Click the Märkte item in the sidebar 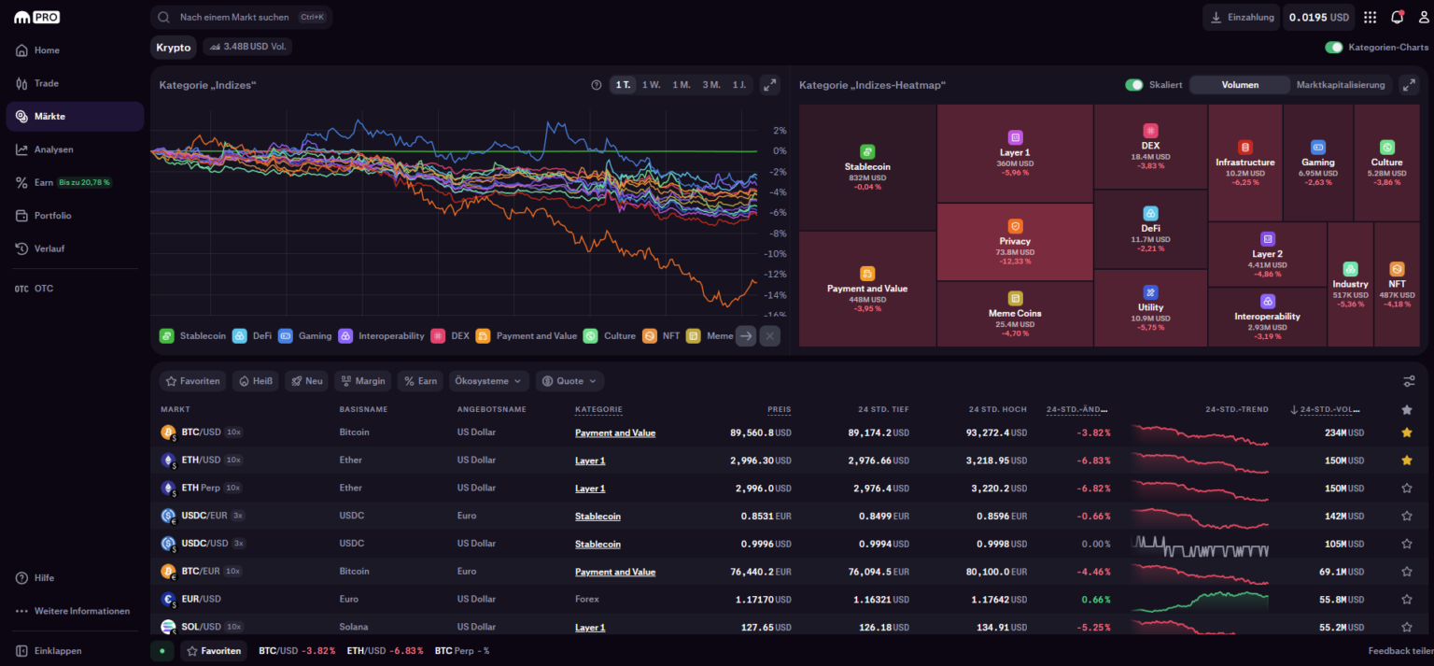pyautogui.click(x=49, y=117)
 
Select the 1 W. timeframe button pyautogui.click(x=651, y=85)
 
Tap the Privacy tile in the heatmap pyautogui.click(x=1015, y=242)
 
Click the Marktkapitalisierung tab pyautogui.click(x=1340, y=85)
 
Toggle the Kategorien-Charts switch pyautogui.click(x=1333, y=48)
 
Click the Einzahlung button pyautogui.click(x=1241, y=18)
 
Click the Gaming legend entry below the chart pyautogui.click(x=305, y=336)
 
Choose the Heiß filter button pyautogui.click(x=255, y=381)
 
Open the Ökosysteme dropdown pyautogui.click(x=489, y=381)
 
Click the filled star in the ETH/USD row pyautogui.click(x=1406, y=461)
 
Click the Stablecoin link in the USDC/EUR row pyautogui.click(x=597, y=517)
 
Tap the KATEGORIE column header pyautogui.click(x=598, y=410)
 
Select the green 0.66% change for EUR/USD pyautogui.click(x=1095, y=600)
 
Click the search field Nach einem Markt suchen pyautogui.click(x=234, y=18)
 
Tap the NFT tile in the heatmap pyautogui.click(x=1397, y=284)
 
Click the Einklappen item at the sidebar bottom pyautogui.click(x=58, y=651)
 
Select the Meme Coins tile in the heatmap pyautogui.click(x=1015, y=313)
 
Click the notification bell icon pyautogui.click(x=1397, y=18)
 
